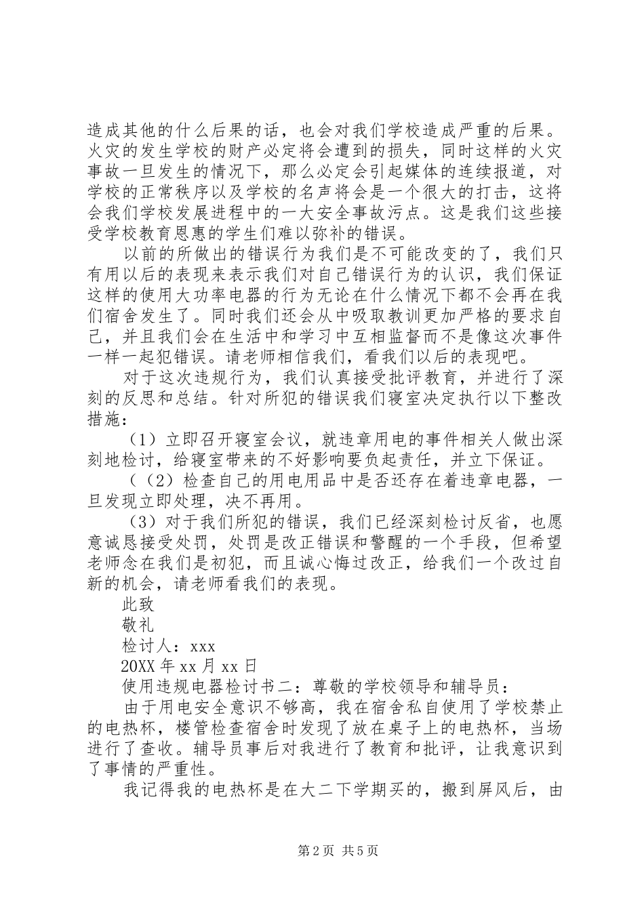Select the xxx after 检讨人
(x=202, y=646)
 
